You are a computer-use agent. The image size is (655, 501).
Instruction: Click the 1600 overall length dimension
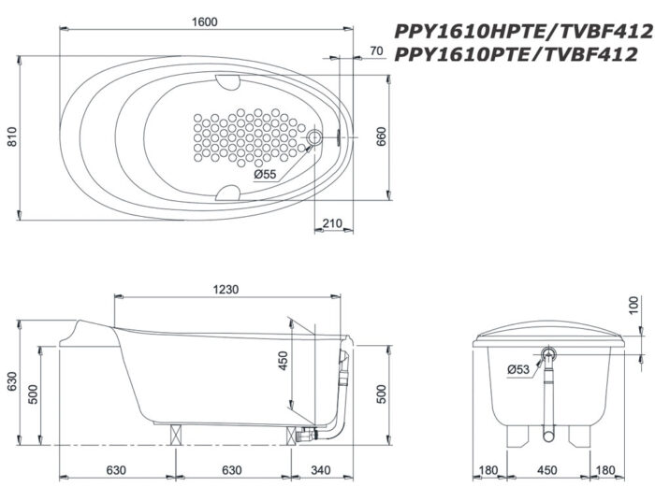click(x=205, y=21)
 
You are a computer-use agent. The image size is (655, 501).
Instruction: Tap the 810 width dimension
click(x=12, y=136)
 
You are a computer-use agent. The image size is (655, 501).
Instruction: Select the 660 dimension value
click(x=381, y=136)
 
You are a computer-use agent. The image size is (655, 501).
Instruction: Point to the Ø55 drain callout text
click(x=265, y=174)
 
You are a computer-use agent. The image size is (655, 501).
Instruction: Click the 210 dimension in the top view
click(x=332, y=223)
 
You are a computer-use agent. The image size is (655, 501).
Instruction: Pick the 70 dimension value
click(x=376, y=50)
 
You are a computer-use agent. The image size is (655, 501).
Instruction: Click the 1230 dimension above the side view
click(x=226, y=289)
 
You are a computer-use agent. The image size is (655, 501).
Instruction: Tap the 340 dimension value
click(x=320, y=470)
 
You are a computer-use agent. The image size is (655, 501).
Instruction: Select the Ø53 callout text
click(x=518, y=369)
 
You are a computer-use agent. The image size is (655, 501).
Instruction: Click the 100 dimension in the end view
click(x=633, y=305)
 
